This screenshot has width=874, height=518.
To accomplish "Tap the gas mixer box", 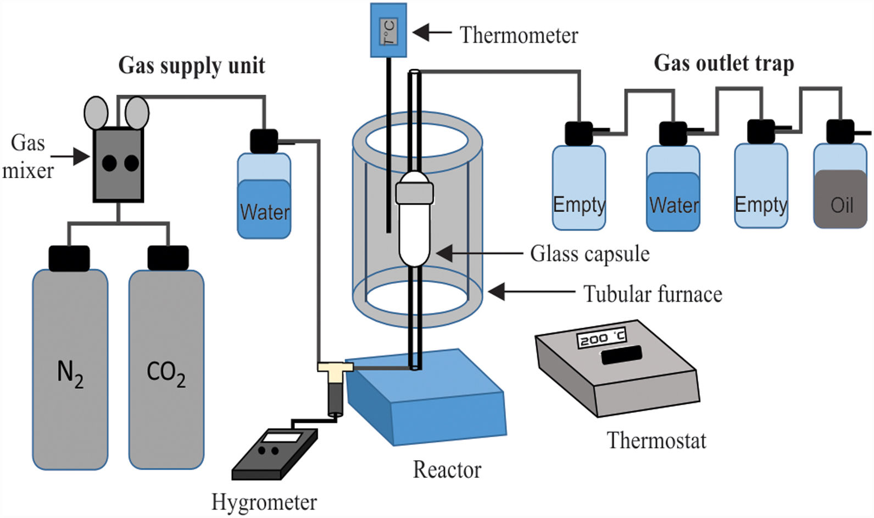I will click(119, 165).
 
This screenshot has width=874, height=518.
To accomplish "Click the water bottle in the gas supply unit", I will click(264, 198).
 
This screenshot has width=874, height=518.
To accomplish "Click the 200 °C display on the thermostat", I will click(602, 338).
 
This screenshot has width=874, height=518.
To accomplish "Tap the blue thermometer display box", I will click(388, 30).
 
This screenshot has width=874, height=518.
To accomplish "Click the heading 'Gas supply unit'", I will click(192, 65).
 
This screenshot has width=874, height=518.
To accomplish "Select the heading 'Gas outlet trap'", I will click(723, 63).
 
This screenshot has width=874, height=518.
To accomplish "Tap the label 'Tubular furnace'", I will click(653, 294).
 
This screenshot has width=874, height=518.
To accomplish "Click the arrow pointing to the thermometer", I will click(431, 33).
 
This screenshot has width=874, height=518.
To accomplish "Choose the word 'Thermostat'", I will click(656, 440).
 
